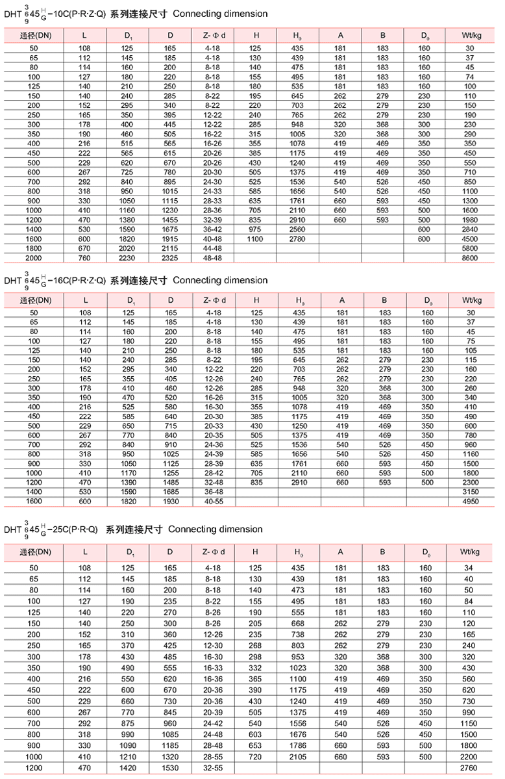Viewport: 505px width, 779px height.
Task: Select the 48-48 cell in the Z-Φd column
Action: [x=213, y=258]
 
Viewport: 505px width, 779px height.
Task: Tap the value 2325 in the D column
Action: [x=170, y=258]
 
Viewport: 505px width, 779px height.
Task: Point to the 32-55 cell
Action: [x=213, y=769]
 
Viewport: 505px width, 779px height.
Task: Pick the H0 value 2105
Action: [x=298, y=758]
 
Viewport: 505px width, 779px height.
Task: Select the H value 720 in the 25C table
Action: [x=256, y=758]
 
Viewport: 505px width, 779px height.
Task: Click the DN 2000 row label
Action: [x=34, y=258]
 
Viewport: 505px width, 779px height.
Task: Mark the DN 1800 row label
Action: [x=34, y=248]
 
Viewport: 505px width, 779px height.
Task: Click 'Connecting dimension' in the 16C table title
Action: [x=221, y=281]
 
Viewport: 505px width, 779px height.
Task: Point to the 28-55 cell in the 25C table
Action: [x=213, y=758]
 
